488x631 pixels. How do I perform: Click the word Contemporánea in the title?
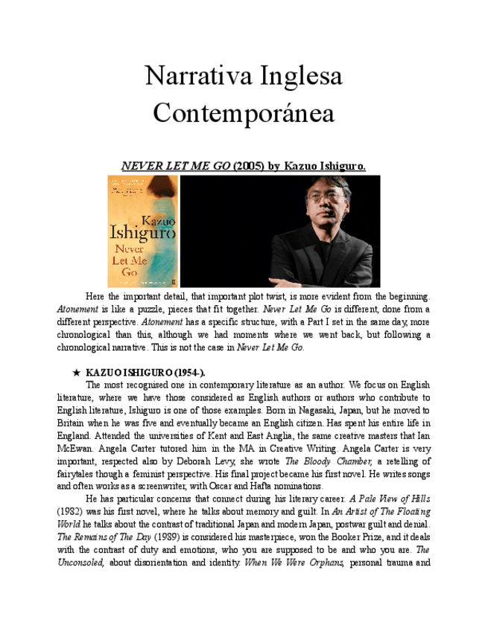tap(244, 114)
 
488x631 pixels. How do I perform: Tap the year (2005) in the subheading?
tap(249, 166)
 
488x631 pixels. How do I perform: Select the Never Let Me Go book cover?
tap(142, 231)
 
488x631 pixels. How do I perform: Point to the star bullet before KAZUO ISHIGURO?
tap(76, 371)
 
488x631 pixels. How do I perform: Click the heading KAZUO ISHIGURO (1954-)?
tap(145, 371)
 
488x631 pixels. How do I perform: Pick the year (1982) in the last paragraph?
tap(72, 512)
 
